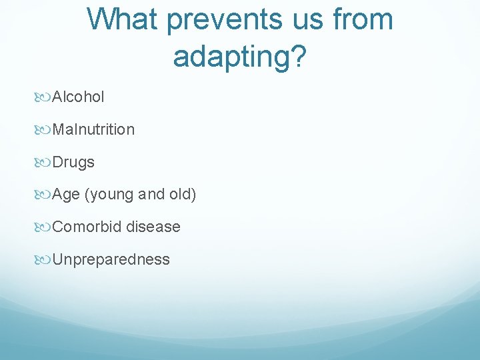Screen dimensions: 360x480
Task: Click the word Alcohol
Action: [78, 97]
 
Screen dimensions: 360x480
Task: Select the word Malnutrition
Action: [93, 129]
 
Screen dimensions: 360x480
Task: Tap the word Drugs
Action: [73, 162]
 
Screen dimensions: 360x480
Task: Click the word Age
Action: [66, 195]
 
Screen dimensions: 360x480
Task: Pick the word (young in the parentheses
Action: [109, 195]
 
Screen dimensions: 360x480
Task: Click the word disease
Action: [153, 227]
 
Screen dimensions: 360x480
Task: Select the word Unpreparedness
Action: [111, 259]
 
